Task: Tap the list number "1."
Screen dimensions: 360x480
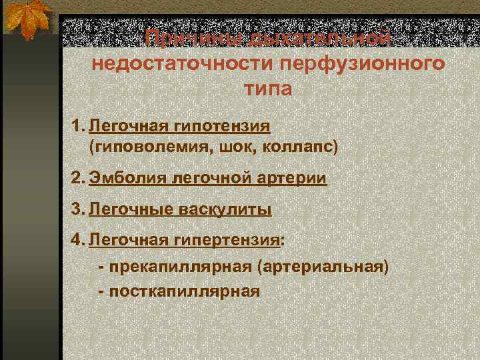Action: point(79,125)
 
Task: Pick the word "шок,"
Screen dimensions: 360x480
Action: point(221,146)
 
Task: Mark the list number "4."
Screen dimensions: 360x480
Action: point(79,240)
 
